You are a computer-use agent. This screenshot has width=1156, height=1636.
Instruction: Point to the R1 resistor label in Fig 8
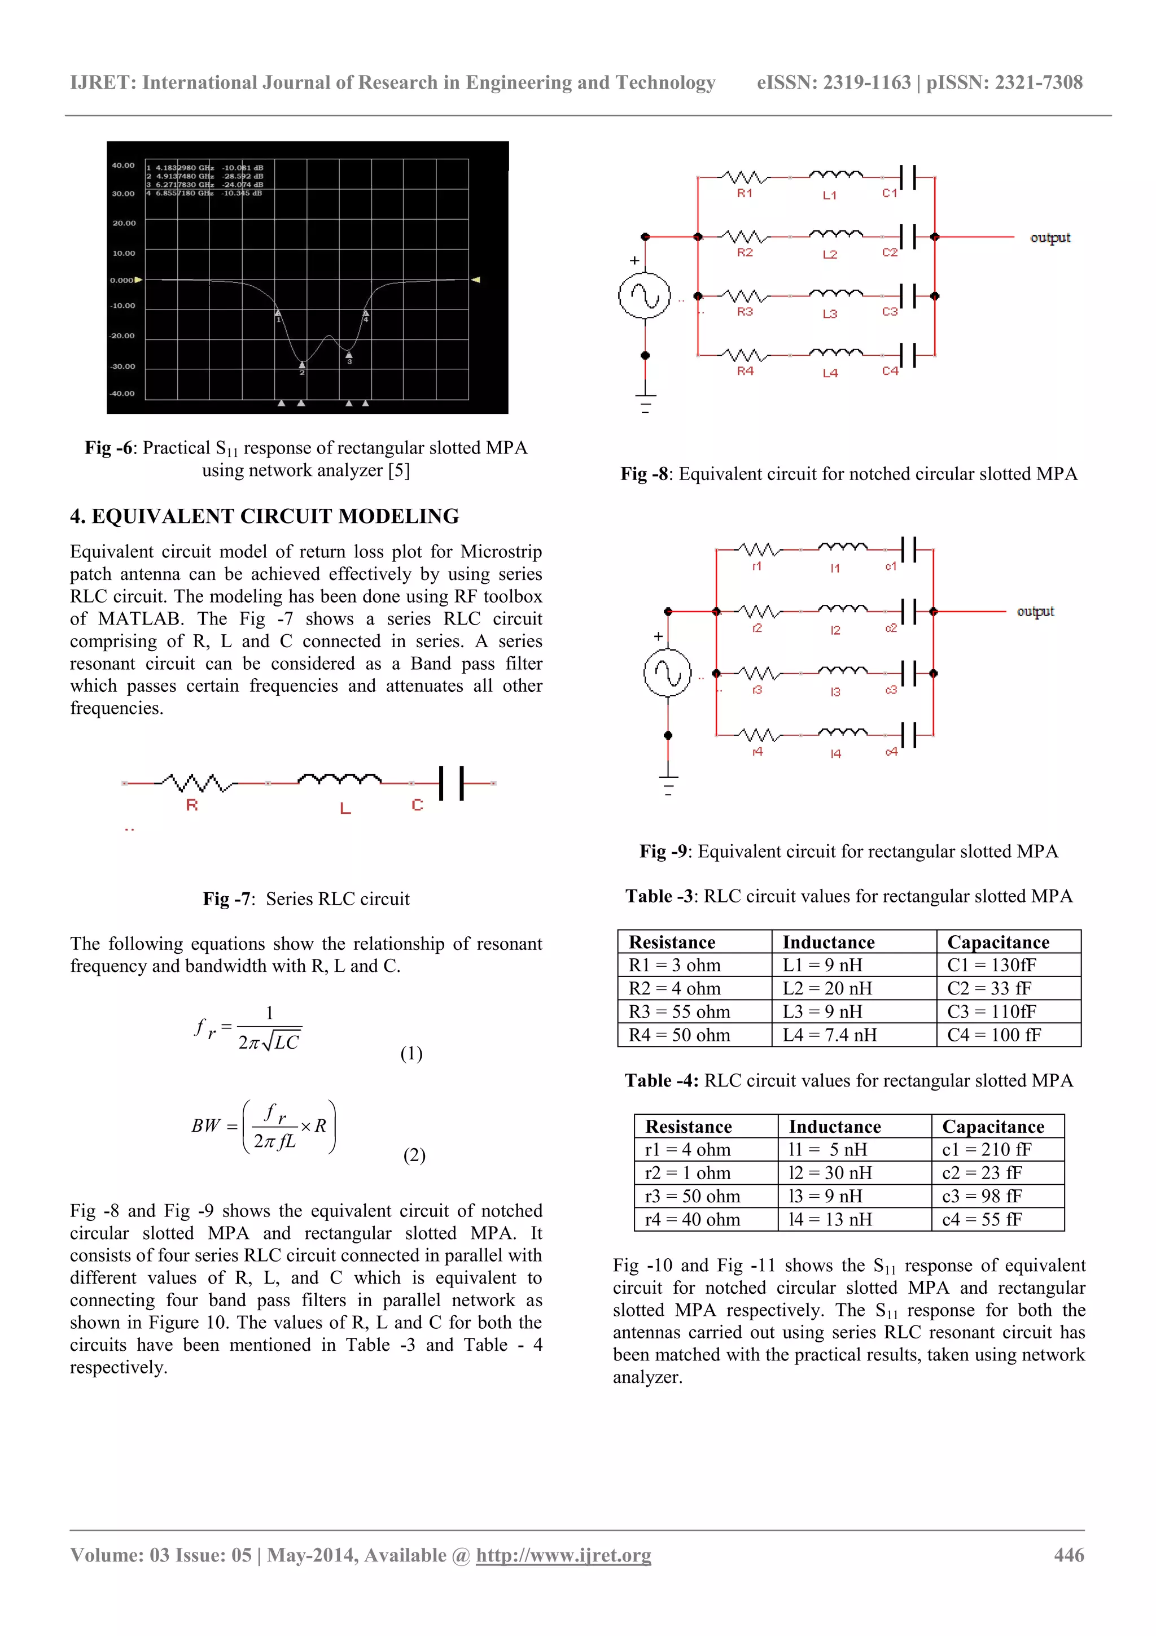coord(745,193)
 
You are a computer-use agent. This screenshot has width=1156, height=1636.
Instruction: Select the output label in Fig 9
coord(1035,612)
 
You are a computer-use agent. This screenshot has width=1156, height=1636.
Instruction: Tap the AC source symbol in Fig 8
coord(645,296)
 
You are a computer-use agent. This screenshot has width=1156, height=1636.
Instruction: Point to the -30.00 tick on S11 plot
coord(122,367)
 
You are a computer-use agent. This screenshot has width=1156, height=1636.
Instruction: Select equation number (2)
coord(414,1154)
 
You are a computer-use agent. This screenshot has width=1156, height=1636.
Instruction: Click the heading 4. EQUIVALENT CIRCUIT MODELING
coord(264,516)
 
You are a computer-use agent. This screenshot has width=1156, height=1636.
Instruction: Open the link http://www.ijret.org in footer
coord(563,1555)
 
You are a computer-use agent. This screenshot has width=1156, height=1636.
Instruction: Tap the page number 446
coord(1069,1555)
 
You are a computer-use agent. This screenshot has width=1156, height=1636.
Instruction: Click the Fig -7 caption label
coord(226,898)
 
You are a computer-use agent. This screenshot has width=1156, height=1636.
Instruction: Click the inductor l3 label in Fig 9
coord(835,691)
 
